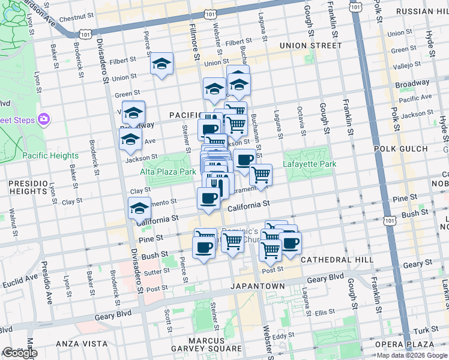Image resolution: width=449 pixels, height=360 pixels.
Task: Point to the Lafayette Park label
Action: (311, 164)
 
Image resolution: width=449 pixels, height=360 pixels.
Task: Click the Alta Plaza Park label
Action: (168, 172)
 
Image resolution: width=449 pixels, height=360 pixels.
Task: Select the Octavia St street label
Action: (300, 121)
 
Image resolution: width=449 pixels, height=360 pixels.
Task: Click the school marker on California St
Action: (139, 209)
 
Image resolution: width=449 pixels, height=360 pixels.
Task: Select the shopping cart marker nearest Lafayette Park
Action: (261, 175)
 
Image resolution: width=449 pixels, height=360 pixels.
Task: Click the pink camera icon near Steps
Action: (43, 119)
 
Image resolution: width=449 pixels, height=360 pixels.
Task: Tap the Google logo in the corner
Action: (19, 353)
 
